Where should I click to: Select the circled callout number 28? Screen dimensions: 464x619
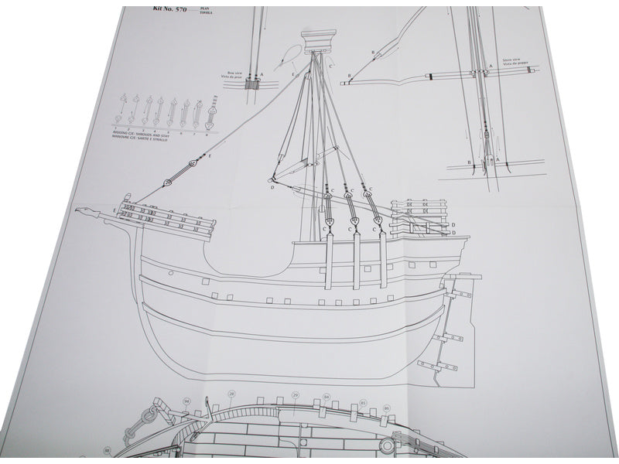pyautogui.click(x=231, y=394)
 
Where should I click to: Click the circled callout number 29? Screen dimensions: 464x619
pyautogui.click(x=295, y=395)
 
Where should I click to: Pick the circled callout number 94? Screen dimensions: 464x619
pyautogui.click(x=186, y=401)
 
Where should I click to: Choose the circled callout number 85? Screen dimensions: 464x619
pyautogui.click(x=364, y=403)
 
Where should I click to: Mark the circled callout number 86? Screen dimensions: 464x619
pyautogui.click(x=386, y=407)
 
